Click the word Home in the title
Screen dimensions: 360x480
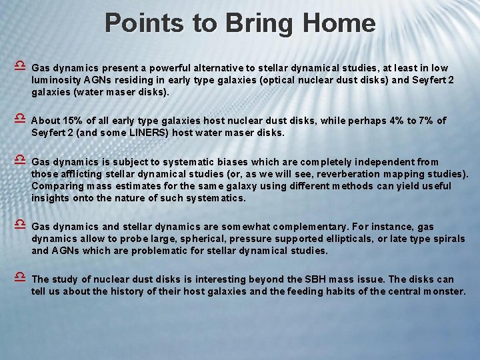(339, 23)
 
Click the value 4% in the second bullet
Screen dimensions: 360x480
(393, 121)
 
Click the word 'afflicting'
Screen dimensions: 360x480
(83, 174)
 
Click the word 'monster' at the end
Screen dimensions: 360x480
(442, 291)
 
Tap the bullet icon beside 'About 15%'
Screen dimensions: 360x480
(20, 120)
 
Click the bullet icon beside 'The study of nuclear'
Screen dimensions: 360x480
(20, 279)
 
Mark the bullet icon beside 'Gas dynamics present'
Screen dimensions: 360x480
(20, 67)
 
